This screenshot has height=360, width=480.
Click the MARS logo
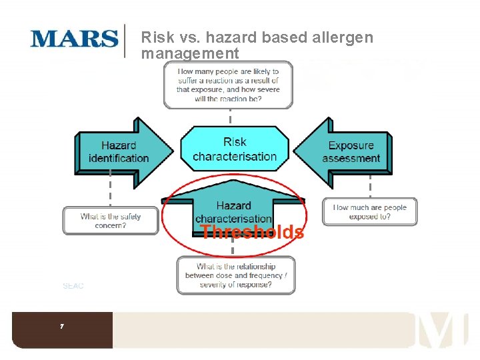(x=73, y=39)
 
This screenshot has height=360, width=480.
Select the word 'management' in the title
(x=190, y=53)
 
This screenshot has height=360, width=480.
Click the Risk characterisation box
(x=235, y=149)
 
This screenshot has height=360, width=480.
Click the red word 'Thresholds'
(x=253, y=232)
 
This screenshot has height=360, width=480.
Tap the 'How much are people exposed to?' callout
(x=369, y=212)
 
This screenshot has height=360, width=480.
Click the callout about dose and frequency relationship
(x=235, y=275)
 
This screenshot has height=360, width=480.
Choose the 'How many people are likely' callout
(x=228, y=85)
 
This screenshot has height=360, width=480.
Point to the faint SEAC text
(x=73, y=286)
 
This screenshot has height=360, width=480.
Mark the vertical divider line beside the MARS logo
(x=125, y=41)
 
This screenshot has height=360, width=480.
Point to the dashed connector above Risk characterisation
(x=230, y=118)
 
